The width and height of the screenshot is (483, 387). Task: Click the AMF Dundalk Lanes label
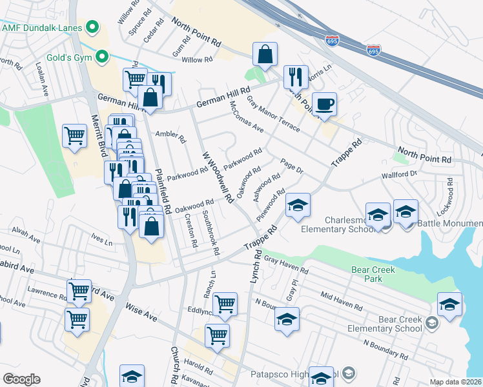43,28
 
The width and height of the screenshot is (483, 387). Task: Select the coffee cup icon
324,104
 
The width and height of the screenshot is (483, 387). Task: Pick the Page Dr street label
291,166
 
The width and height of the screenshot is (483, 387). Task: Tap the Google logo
21,379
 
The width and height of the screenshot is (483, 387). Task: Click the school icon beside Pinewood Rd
298,205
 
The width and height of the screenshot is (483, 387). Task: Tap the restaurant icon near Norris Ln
295,77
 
